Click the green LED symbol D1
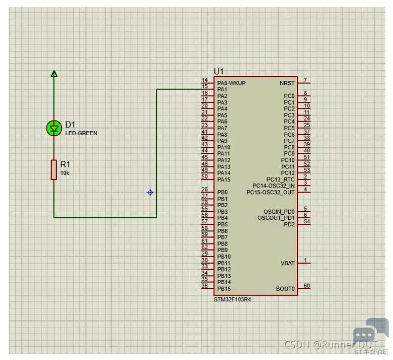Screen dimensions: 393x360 (54, 128)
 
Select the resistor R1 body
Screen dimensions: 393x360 (54, 170)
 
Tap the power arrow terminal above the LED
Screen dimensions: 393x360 (54, 73)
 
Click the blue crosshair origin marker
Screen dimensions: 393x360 (150, 192)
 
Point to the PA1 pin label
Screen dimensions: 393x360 (222, 89)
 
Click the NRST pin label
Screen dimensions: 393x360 (287, 83)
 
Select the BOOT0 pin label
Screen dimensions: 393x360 (285, 289)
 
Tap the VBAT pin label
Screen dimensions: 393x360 (287, 263)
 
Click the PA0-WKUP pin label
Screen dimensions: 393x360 (231, 83)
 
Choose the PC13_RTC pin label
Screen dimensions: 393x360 (281, 180)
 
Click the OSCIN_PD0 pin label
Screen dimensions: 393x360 (279, 212)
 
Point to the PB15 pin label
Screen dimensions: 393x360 (224, 289)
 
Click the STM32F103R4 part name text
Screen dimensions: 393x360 (232, 300)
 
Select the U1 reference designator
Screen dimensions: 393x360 (219, 71)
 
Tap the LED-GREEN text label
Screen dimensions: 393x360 (81, 133)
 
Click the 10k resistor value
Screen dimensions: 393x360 (65, 173)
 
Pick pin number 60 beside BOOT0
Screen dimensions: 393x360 (307, 286)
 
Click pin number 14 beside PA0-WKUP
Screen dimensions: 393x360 (205, 80)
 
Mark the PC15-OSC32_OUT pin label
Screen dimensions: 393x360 (271, 192)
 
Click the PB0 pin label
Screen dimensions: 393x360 (223, 192)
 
